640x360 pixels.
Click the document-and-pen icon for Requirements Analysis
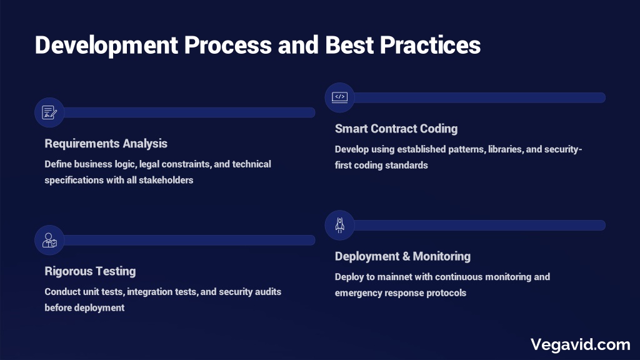pyautogui.click(x=49, y=112)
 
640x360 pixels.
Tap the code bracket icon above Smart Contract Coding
pyautogui.click(x=339, y=97)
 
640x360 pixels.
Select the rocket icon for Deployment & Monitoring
pyautogui.click(x=339, y=225)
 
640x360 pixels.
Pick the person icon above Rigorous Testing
pyautogui.click(x=49, y=240)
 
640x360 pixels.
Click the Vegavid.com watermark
pyautogui.click(x=581, y=344)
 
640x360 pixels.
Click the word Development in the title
pyautogui.click(x=106, y=45)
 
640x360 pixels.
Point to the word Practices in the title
pyautogui.click(x=430, y=44)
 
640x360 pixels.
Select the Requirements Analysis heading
pyautogui.click(x=106, y=144)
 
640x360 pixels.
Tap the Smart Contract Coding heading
pyautogui.click(x=396, y=129)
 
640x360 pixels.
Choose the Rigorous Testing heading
pyautogui.click(x=90, y=271)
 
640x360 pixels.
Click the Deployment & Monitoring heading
pyautogui.click(x=402, y=256)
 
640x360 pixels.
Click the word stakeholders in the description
pyautogui.click(x=166, y=180)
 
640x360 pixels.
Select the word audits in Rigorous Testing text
pyautogui.click(x=267, y=292)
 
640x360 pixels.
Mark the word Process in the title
pyautogui.click(x=227, y=44)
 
